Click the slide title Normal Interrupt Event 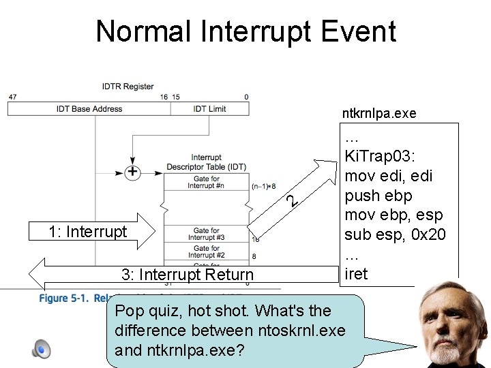[x=245, y=31]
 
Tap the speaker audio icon [x=41, y=350]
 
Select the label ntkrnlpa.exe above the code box [x=380, y=113]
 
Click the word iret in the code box [x=357, y=274]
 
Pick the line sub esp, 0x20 [x=394, y=235]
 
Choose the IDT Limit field [x=209, y=109]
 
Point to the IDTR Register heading [x=128, y=87]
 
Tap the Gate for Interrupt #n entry [x=206, y=183]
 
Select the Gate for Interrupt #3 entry [x=206, y=234]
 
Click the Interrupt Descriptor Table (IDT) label [x=206, y=162]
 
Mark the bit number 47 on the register [x=12, y=97]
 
